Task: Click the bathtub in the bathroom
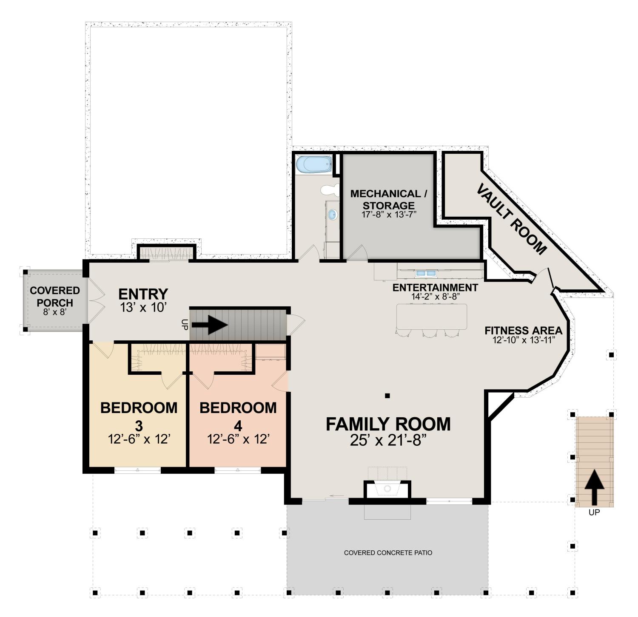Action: pos(314,164)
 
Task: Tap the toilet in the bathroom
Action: pos(330,190)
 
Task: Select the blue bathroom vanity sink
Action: pos(333,214)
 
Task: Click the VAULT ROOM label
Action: pos(511,219)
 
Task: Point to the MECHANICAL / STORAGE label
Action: pos(389,199)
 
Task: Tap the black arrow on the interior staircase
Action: pos(210,325)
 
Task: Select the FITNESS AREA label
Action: pos(524,330)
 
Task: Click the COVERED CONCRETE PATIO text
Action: pos(388,553)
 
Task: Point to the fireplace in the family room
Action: pos(387,489)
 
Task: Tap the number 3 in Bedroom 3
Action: pos(139,425)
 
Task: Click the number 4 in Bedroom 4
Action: pos(238,425)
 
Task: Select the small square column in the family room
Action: pos(387,396)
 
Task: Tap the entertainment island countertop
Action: pos(431,316)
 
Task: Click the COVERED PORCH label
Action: pos(55,297)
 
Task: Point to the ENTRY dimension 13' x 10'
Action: pos(143,307)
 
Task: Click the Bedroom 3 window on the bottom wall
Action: pos(138,470)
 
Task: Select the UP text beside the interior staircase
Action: pos(185,325)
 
